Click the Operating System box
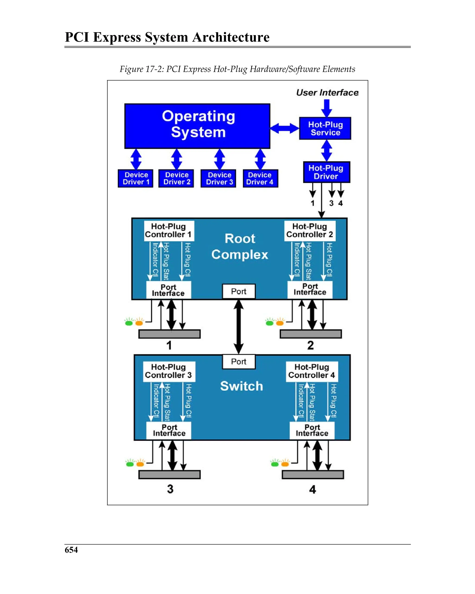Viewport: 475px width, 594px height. point(197,126)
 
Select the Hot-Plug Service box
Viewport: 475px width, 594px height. point(325,128)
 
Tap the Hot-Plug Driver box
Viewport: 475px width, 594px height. point(326,172)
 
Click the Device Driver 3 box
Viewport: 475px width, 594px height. point(218,178)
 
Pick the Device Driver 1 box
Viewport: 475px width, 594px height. point(135,178)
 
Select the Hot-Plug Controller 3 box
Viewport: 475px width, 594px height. point(169,371)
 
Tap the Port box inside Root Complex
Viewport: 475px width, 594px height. point(239,291)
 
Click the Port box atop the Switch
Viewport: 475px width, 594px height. point(239,361)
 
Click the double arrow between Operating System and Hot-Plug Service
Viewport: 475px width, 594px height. point(284,128)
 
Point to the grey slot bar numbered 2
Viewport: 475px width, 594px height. point(311,334)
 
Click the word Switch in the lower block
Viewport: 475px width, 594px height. point(241,386)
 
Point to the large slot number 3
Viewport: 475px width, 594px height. point(170,489)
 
